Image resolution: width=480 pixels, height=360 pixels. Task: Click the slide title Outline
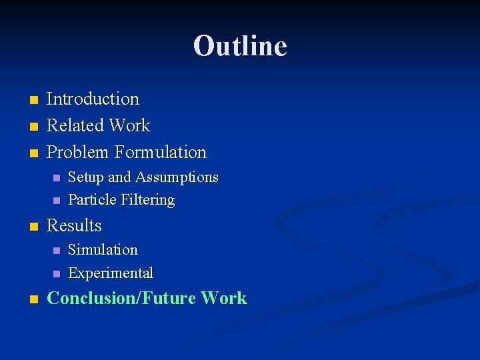(240, 46)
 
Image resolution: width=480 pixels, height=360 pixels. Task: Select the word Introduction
(93, 99)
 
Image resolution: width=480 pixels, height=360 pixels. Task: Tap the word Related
(75, 126)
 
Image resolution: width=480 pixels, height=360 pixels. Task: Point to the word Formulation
(161, 153)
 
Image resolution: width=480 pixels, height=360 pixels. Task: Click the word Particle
(92, 200)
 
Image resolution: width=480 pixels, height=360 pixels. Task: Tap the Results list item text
(74, 226)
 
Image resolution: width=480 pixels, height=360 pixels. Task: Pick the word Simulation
(103, 250)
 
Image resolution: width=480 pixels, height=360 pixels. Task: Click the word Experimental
(111, 273)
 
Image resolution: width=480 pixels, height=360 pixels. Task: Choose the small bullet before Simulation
(56, 251)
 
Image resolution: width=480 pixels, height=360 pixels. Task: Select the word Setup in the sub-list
(86, 177)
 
